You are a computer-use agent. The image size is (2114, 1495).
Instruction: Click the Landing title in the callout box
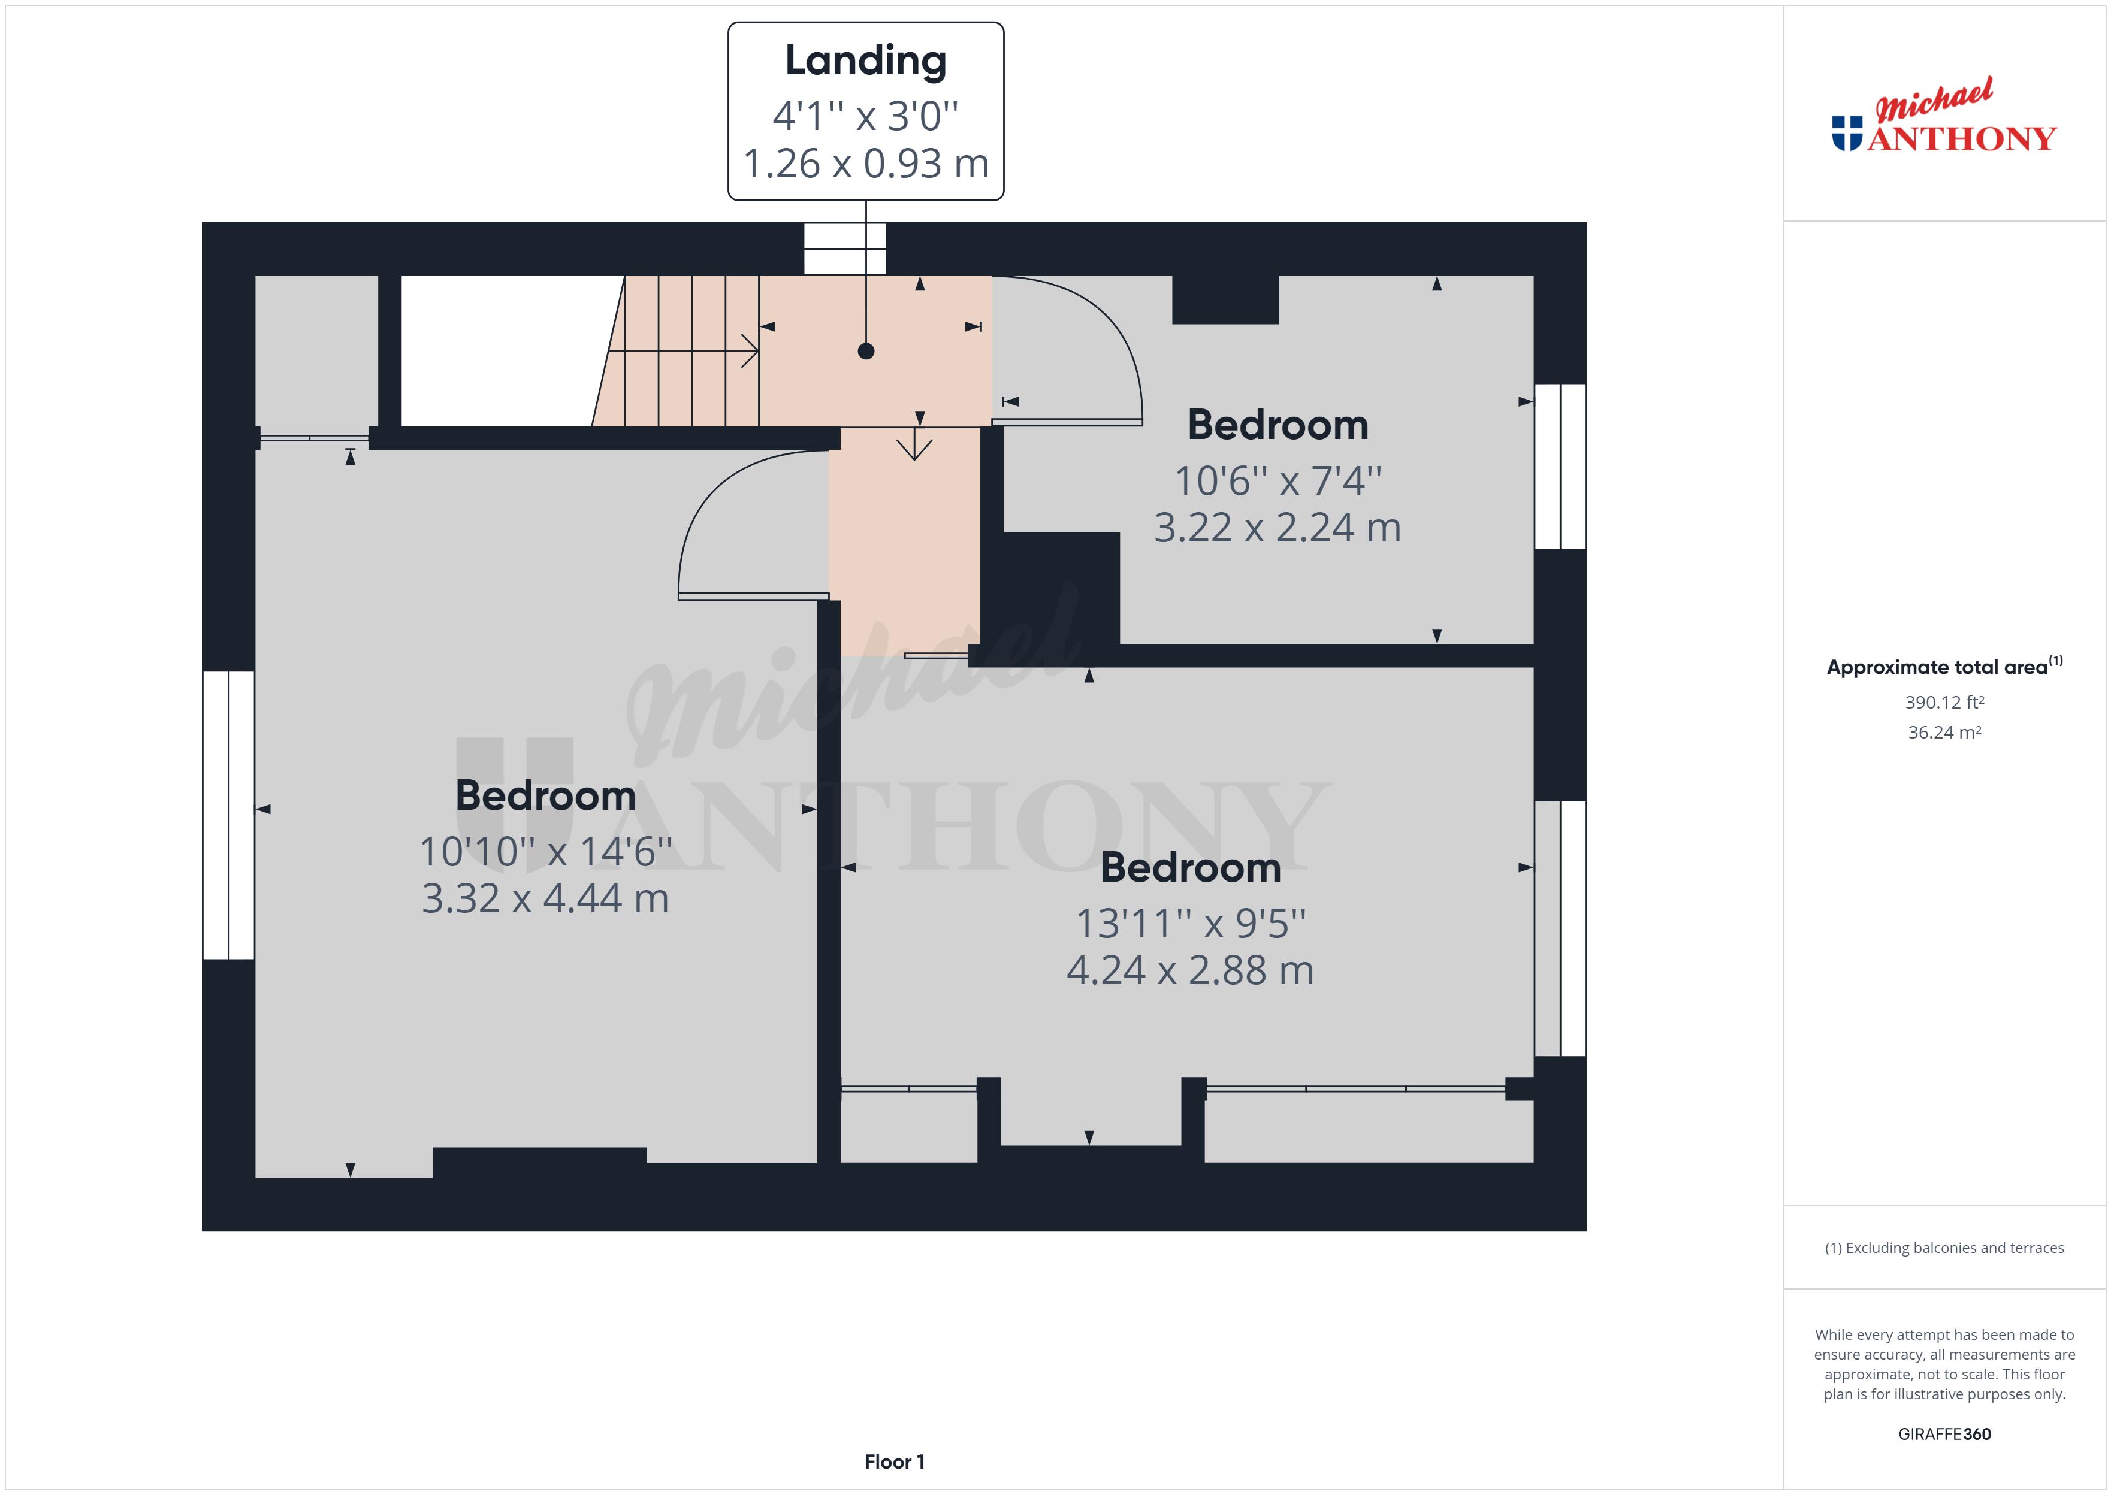point(865,60)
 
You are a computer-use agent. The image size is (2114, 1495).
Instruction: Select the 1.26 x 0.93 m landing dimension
point(865,164)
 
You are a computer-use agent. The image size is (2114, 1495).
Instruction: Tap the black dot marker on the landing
point(865,351)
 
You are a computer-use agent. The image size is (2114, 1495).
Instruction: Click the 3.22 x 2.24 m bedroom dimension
point(1277,528)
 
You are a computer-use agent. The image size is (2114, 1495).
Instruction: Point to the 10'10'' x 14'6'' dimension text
point(545,852)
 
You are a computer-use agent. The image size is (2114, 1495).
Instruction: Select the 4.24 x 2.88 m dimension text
point(1189,970)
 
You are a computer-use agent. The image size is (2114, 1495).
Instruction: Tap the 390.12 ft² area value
point(1944,703)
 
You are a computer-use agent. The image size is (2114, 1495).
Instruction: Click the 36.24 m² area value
point(1944,733)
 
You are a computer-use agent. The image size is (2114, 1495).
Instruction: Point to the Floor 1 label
point(894,1462)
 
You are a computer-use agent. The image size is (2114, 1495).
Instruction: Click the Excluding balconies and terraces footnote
point(1944,1248)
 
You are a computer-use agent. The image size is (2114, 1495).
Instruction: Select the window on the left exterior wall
point(228,815)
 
